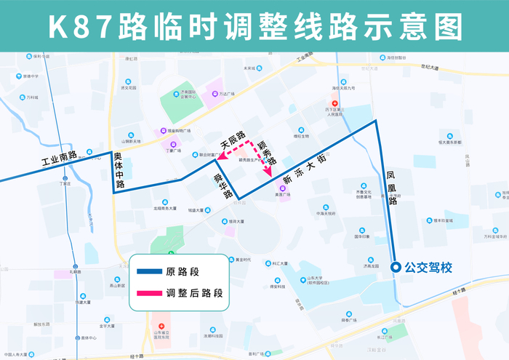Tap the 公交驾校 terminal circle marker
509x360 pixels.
(396, 268)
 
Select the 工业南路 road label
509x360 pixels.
(59, 158)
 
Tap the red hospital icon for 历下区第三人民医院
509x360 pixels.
(334, 103)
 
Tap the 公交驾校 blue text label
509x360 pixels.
(429, 268)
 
